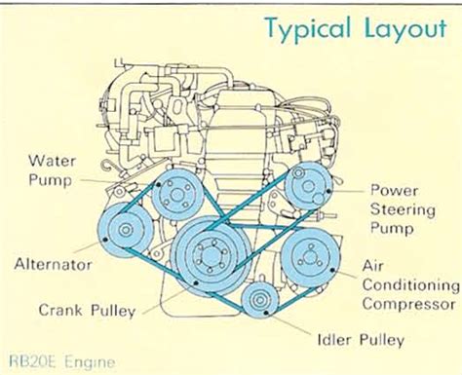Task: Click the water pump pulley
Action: [x=176, y=194]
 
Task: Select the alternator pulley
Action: [x=125, y=230]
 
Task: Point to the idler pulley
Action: [x=260, y=300]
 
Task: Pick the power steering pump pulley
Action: [x=308, y=186]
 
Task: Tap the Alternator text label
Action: [x=53, y=264]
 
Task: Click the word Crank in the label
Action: [x=60, y=310]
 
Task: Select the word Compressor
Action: [x=408, y=305]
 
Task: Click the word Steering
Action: [x=403, y=209]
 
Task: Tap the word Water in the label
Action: [x=52, y=161]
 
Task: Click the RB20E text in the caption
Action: [x=34, y=361]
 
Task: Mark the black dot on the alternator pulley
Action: [x=105, y=240]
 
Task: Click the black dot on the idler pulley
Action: [x=266, y=313]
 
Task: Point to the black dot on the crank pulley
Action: [x=196, y=283]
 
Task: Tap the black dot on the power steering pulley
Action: [x=329, y=191]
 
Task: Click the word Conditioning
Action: [x=411, y=285]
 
